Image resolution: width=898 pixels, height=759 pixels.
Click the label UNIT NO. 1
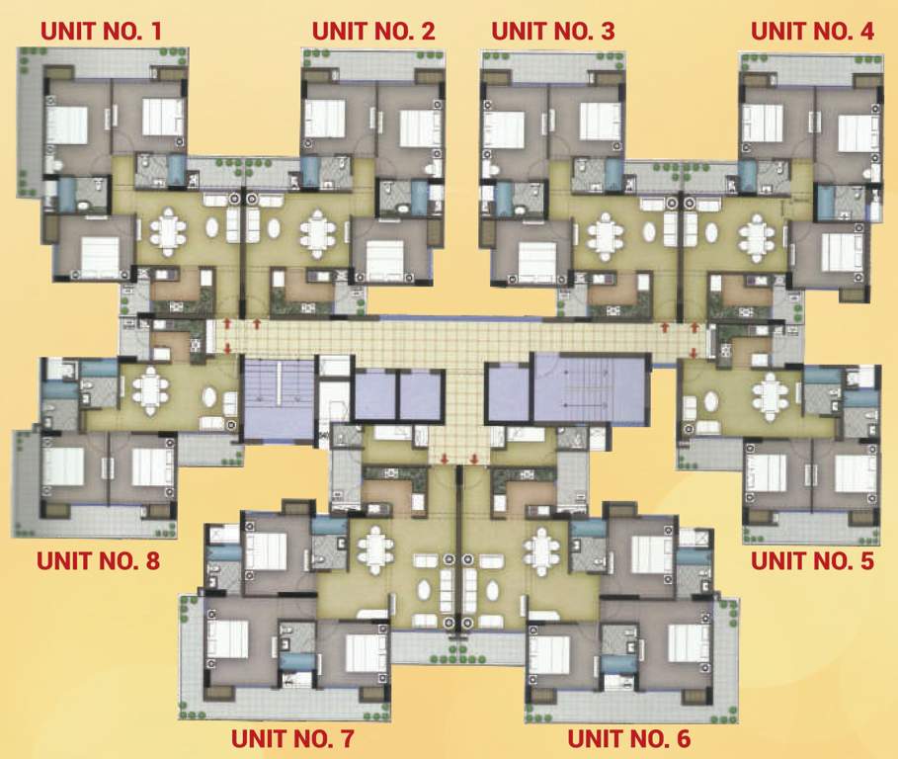101,31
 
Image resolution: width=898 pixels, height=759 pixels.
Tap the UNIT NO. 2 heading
373,31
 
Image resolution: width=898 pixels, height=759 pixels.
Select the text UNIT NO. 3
552,31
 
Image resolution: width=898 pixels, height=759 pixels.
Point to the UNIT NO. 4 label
813,31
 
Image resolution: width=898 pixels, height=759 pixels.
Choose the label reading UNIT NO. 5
813,562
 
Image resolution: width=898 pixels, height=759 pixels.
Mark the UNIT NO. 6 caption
628,738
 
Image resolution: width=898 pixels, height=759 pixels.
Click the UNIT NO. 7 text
291,738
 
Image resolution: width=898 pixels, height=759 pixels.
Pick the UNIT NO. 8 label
99,562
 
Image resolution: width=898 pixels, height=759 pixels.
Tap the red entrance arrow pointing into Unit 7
445,458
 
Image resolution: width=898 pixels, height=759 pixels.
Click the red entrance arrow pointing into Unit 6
475,458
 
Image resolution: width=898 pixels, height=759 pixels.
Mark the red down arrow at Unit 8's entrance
229,347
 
